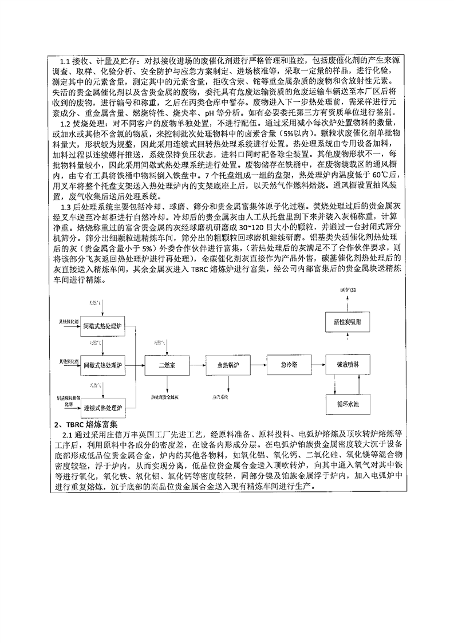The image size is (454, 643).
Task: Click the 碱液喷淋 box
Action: coord(348,365)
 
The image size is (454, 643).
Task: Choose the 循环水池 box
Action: coord(348,404)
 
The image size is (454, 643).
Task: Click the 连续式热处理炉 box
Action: coord(102,408)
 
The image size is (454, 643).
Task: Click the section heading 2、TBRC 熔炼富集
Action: coord(86,424)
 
